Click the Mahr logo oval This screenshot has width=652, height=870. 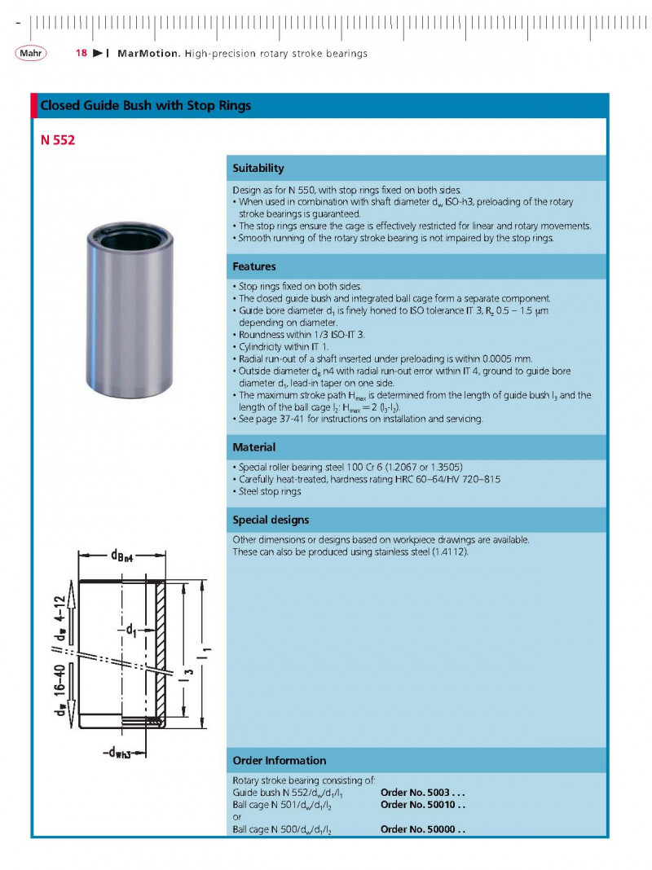coord(30,54)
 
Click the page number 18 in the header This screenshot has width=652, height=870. coord(81,54)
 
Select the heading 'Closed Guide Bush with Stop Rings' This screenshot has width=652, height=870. coord(146,106)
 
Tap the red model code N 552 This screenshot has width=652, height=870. coord(58,140)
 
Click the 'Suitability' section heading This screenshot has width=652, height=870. coord(258,168)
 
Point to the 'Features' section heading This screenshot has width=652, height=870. coord(254,266)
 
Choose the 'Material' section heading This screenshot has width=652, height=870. coord(254,447)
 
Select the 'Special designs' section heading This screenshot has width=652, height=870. coord(271,520)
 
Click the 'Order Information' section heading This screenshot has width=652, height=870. coord(280,760)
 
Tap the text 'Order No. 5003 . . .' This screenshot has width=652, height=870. coord(422,793)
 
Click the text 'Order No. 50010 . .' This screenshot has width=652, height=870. coord(422,805)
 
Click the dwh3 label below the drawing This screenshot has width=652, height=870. coord(117,751)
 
